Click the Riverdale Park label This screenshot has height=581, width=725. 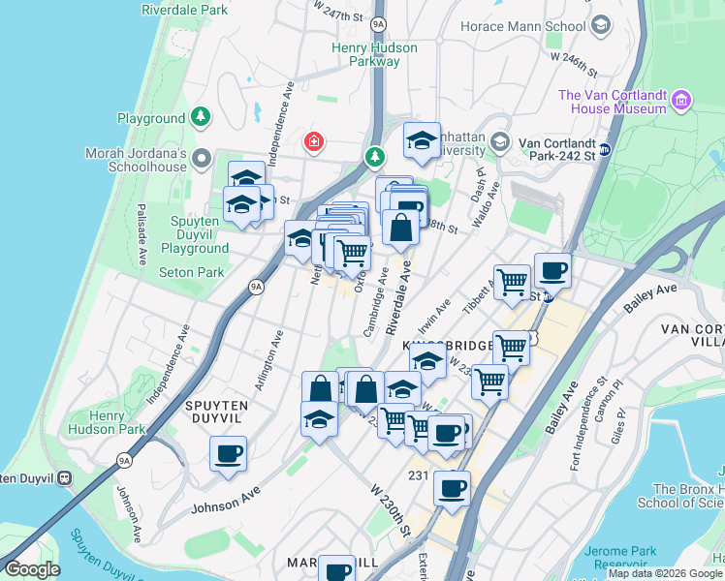click(x=184, y=10)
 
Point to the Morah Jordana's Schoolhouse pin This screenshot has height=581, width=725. click(x=202, y=158)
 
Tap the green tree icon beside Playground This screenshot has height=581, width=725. click(x=201, y=118)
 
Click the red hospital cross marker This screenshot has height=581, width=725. click(x=314, y=143)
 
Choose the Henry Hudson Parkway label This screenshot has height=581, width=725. click(x=374, y=54)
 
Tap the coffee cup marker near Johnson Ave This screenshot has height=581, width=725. click(x=229, y=453)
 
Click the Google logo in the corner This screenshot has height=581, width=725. click(x=32, y=569)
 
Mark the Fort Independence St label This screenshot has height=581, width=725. click(x=581, y=427)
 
